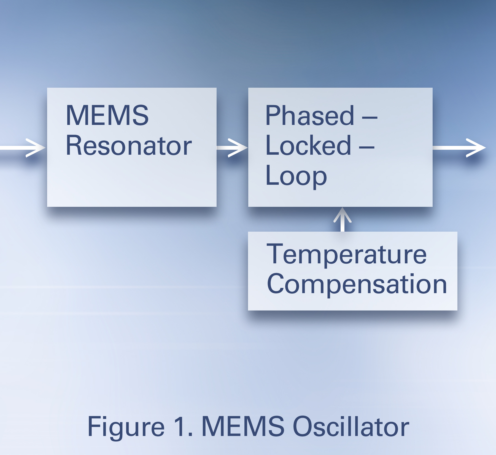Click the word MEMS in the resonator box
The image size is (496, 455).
[107, 115]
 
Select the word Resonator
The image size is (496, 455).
[129, 145]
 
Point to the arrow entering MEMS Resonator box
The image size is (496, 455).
[23, 148]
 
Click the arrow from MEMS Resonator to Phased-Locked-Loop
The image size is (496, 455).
[232, 148]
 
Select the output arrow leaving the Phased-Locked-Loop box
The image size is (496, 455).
[459, 148]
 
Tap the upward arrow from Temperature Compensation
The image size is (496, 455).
[343, 220]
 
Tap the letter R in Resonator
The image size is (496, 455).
[75, 145]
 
